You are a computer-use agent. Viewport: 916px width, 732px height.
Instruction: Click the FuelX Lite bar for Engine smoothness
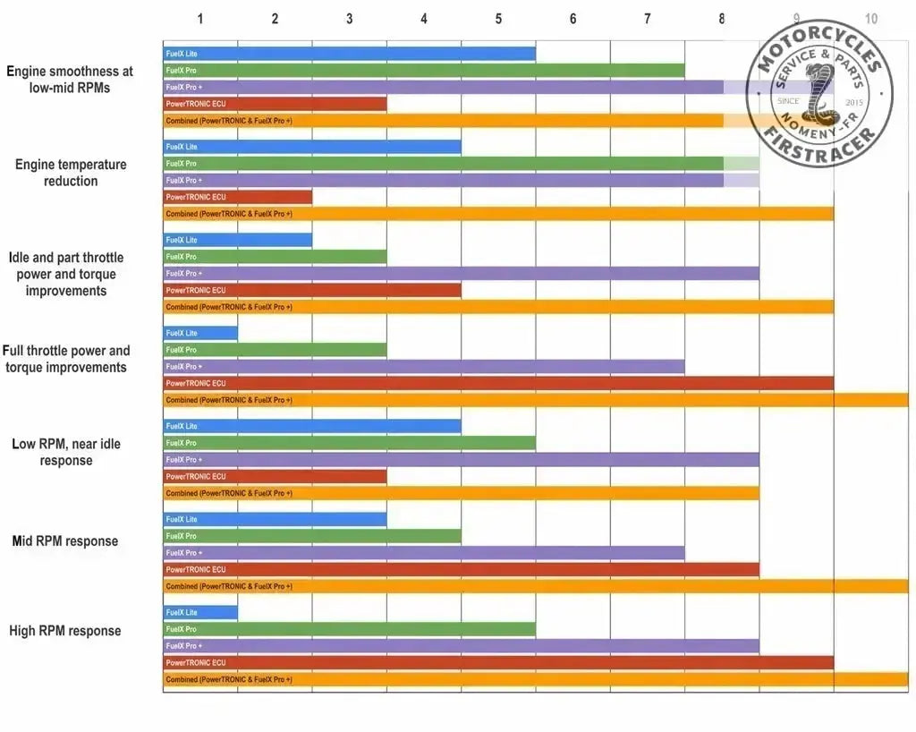[x=349, y=54]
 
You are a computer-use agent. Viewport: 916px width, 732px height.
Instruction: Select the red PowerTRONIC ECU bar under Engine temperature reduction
[x=237, y=197]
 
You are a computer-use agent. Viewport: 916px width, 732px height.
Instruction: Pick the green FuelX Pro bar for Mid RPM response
[x=311, y=536]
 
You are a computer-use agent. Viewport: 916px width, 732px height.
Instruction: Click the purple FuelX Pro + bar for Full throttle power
[x=423, y=366]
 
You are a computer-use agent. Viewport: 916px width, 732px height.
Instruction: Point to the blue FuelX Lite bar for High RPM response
[x=200, y=612]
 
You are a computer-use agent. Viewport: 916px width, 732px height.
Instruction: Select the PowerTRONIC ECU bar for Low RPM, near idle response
[x=275, y=476]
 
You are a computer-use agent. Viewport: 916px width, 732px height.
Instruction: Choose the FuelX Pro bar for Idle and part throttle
[x=275, y=257]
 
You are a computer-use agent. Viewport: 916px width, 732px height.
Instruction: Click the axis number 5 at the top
[x=498, y=19]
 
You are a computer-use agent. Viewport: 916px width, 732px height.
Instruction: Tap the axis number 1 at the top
[x=200, y=19]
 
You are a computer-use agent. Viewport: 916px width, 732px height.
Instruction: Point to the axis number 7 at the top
[x=648, y=19]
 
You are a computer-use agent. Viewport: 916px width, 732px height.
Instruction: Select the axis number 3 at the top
[x=349, y=19]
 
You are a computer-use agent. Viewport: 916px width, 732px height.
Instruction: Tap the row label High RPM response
[x=65, y=631]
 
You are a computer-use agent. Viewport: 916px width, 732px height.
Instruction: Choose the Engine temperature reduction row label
[x=71, y=173]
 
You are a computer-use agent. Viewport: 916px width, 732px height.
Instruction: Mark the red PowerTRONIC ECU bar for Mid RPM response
[x=461, y=569]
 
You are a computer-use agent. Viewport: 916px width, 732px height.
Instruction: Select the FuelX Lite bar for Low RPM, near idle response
[x=311, y=426]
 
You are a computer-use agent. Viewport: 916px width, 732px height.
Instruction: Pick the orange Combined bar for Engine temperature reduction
[x=498, y=214]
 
